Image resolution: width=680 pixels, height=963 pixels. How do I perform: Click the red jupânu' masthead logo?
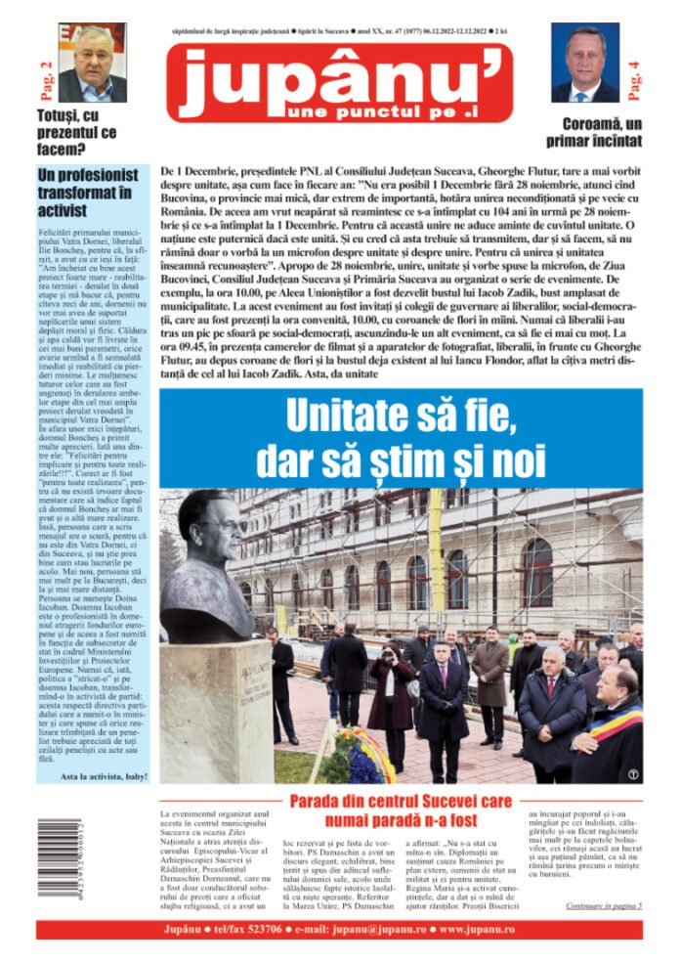coord(339,83)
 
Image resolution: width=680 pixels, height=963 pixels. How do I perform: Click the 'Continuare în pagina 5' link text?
coord(603,904)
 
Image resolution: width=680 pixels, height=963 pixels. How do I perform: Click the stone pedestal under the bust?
coord(228,709)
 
